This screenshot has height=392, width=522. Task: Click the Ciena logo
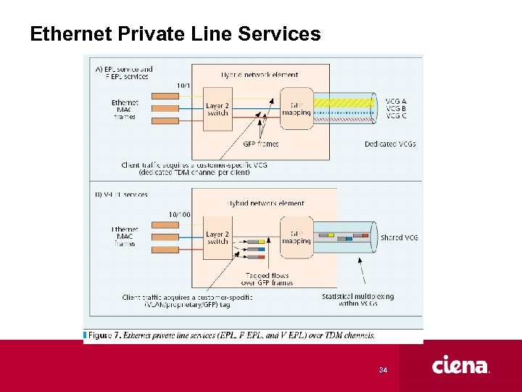click(461, 365)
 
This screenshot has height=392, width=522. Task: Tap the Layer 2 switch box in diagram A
click(217, 108)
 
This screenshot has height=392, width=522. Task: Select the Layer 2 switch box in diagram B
click(217, 237)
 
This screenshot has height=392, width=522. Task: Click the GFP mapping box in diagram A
click(296, 108)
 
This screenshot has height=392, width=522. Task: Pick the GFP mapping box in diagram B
click(296, 237)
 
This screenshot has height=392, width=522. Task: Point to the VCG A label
click(396, 101)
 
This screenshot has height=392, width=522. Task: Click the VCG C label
click(396, 116)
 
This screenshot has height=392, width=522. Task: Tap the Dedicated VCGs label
click(391, 144)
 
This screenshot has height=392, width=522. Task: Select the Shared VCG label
click(399, 237)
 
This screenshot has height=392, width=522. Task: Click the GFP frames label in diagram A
click(262, 144)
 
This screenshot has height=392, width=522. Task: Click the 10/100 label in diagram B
click(181, 214)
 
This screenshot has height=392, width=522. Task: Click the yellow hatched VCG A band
click(341, 103)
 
